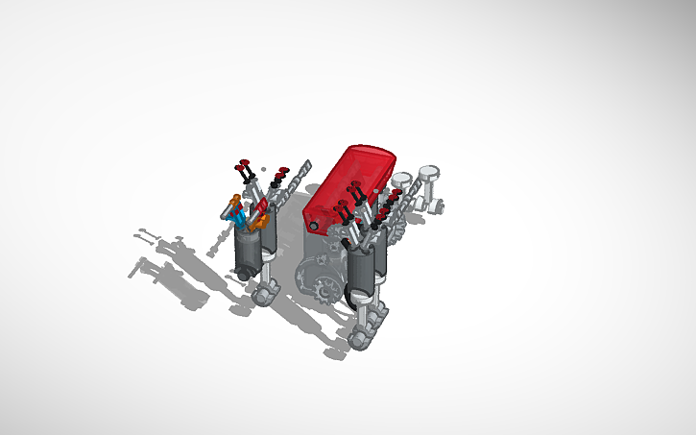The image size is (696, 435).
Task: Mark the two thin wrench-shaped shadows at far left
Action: pyautogui.click(x=146, y=252)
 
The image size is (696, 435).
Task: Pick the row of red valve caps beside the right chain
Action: pyautogui.click(x=388, y=202)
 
